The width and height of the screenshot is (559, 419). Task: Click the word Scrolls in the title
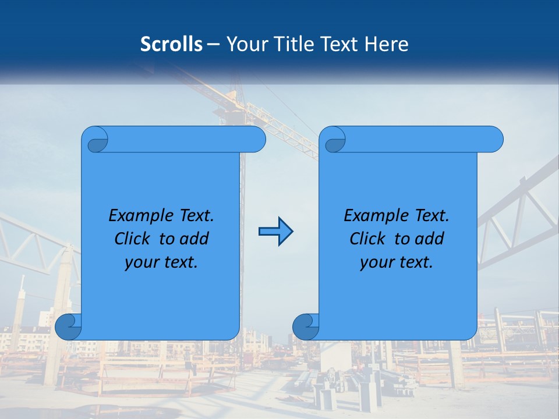[x=171, y=44]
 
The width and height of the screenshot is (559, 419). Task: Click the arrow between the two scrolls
[x=275, y=232]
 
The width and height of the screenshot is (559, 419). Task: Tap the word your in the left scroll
[x=142, y=262]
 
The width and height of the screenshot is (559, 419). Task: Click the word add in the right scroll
[x=429, y=239]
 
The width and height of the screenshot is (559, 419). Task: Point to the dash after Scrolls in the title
[x=214, y=44]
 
